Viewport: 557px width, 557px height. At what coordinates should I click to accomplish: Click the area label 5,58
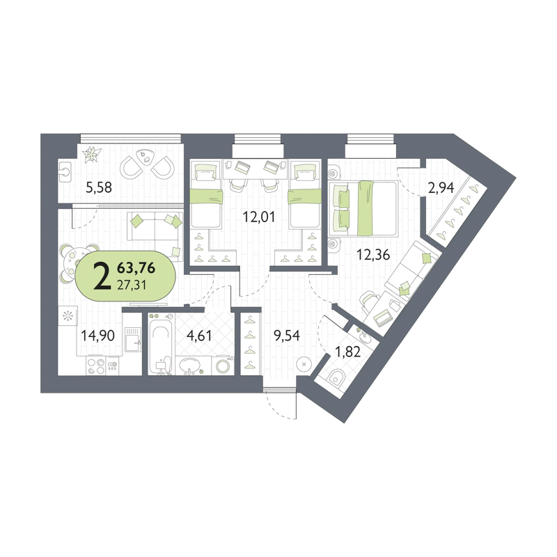(x=99, y=187)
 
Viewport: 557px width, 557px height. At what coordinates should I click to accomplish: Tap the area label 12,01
(x=258, y=217)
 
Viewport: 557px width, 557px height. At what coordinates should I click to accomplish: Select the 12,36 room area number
(x=373, y=254)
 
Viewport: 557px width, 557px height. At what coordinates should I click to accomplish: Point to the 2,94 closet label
(x=441, y=187)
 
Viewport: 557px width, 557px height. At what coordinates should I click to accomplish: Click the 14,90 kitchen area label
(x=97, y=335)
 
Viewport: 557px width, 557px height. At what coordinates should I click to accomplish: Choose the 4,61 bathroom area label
(x=199, y=335)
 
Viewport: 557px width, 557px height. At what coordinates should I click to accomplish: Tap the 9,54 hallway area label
(x=286, y=335)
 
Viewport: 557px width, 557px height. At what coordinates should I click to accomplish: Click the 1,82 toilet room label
(x=347, y=352)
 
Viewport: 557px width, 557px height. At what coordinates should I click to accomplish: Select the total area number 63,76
(x=136, y=268)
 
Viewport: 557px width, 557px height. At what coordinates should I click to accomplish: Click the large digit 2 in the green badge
(x=101, y=276)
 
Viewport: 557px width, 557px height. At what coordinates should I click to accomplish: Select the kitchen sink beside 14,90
(x=132, y=340)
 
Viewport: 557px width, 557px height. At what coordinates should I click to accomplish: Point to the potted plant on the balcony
(x=92, y=155)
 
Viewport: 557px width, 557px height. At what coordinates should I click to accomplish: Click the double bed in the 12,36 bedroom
(x=362, y=208)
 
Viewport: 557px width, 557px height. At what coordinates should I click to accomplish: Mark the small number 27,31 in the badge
(x=132, y=285)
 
